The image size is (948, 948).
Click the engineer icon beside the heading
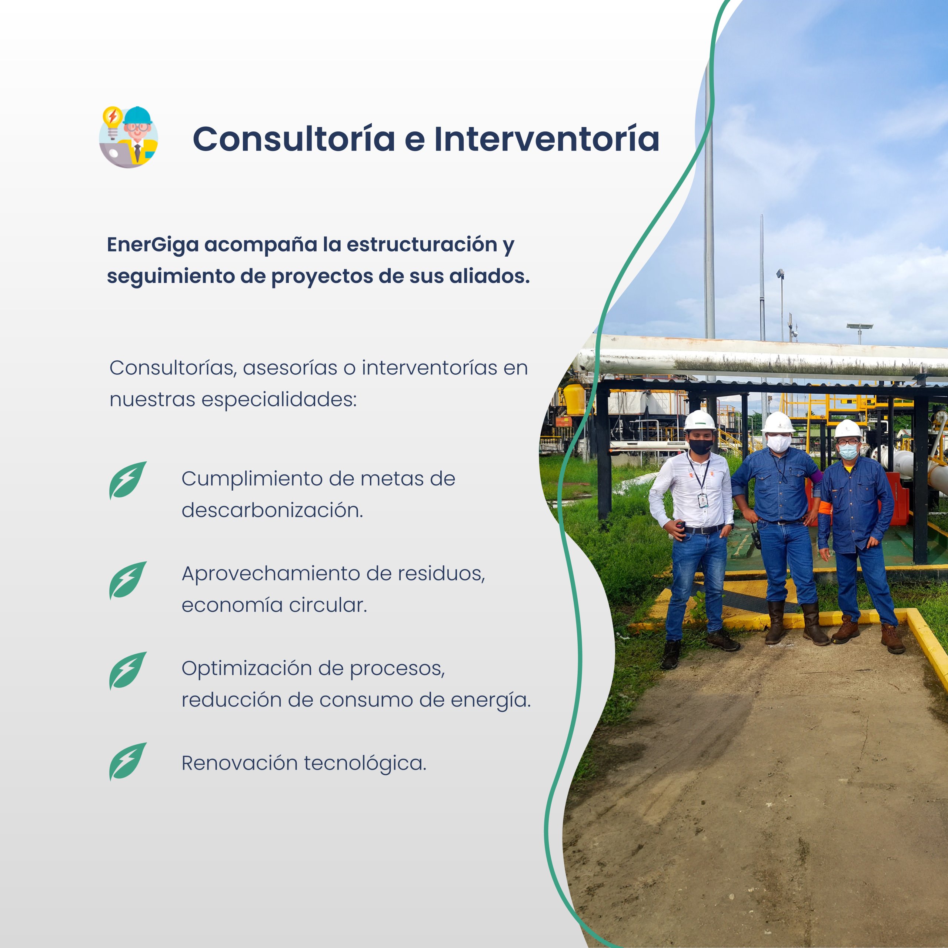click(128, 137)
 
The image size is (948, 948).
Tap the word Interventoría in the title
click(547, 139)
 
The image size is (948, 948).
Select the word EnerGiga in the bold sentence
click(153, 245)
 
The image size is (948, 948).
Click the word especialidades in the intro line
click(279, 400)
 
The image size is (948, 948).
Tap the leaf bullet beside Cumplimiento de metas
click(128, 480)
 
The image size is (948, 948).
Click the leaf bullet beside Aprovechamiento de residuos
click(128, 581)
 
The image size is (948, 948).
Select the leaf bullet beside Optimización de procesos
click(128, 671)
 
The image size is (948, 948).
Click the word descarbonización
click(272, 510)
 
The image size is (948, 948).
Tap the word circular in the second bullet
click(328, 605)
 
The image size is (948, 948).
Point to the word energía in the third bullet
click(491, 701)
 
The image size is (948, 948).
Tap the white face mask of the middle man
click(779, 443)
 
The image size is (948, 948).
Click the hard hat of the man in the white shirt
click(700, 421)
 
